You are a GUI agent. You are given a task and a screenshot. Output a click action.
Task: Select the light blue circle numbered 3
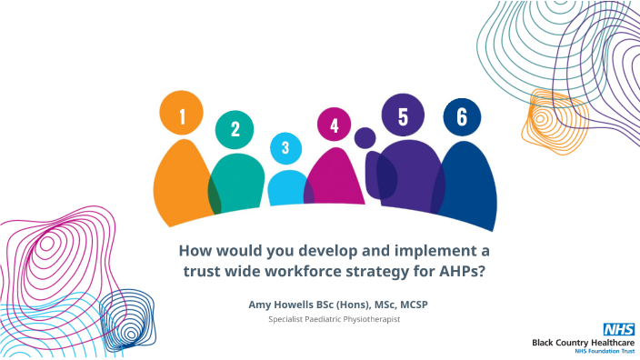[x=285, y=147]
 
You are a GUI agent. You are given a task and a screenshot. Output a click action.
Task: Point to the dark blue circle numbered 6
[x=462, y=117]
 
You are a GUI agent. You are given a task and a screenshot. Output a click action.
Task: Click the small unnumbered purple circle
[x=365, y=138]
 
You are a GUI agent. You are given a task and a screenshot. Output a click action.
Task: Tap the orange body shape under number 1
[x=181, y=186]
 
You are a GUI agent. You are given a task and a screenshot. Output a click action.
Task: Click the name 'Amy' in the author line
[x=259, y=304]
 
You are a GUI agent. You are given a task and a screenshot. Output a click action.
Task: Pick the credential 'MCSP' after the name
[x=410, y=304]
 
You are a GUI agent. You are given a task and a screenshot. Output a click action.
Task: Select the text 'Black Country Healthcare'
[x=584, y=341]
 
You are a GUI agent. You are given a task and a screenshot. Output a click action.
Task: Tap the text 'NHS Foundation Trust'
[x=599, y=351]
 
